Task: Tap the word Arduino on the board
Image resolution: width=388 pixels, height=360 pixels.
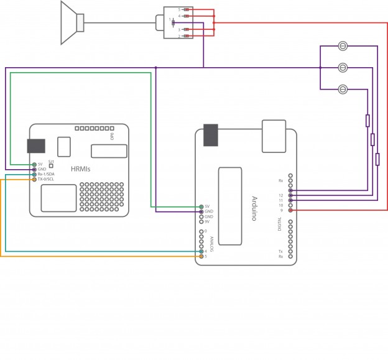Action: coord(254,208)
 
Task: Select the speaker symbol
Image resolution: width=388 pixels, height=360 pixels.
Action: coord(73,23)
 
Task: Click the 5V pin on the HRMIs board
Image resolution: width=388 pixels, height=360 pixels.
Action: coord(34,164)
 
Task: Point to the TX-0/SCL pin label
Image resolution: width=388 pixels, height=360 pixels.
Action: coord(46,180)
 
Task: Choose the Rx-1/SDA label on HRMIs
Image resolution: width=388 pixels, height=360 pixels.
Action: coord(46,174)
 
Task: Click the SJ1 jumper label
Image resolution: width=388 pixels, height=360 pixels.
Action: coord(51,161)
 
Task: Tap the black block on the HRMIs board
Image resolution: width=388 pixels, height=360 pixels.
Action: coord(37,145)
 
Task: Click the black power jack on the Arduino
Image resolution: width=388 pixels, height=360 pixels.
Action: coord(211,135)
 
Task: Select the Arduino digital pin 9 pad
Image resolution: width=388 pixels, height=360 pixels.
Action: coord(290,211)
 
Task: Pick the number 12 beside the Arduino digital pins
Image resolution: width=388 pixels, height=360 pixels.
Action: coord(281,195)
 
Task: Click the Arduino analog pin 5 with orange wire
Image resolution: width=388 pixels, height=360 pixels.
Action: coord(201,256)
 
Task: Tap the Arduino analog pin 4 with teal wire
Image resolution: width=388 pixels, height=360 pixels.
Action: coord(201,251)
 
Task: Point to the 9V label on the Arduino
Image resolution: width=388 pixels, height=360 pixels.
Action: coord(208,221)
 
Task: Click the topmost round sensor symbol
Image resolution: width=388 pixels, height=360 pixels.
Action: coord(343,45)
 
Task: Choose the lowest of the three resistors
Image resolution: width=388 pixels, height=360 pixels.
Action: coord(377,159)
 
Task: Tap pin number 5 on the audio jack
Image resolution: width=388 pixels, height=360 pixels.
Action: coord(180,10)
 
